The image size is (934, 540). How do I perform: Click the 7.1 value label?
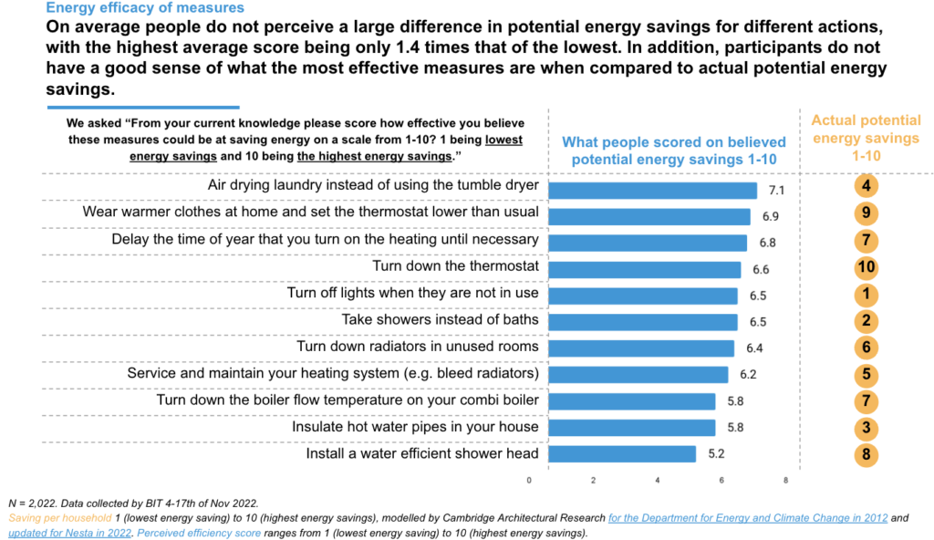777,191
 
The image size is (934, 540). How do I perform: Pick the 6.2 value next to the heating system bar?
748,375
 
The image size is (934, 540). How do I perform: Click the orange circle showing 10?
866,268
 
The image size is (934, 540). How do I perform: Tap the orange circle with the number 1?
866,295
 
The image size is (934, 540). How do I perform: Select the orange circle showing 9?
866,214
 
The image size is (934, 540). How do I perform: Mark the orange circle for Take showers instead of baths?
866,321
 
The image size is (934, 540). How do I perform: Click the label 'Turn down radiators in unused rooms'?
418,347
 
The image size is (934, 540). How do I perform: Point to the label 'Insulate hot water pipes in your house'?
415,427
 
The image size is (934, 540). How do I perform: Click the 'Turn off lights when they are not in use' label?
412,294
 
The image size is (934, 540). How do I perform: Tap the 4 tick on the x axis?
658,480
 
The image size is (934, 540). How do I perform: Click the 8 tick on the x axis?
785,480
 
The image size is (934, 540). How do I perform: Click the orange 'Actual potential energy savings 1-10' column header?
866,138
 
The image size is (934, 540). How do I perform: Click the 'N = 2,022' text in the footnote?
29,504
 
